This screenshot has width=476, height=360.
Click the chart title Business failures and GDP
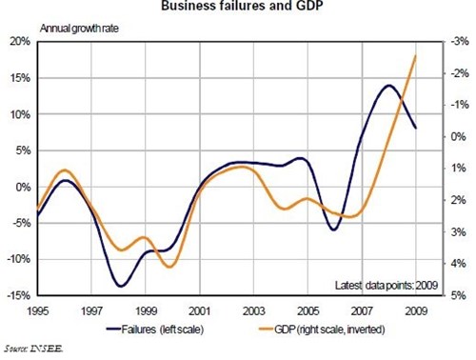(238, 9)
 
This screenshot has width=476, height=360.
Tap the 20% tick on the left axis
(18, 42)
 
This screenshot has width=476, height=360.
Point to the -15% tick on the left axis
(16, 295)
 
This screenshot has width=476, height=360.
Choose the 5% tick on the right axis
(458, 295)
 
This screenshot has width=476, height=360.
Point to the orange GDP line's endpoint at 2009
(416, 55)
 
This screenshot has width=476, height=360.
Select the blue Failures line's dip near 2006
(333, 230)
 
